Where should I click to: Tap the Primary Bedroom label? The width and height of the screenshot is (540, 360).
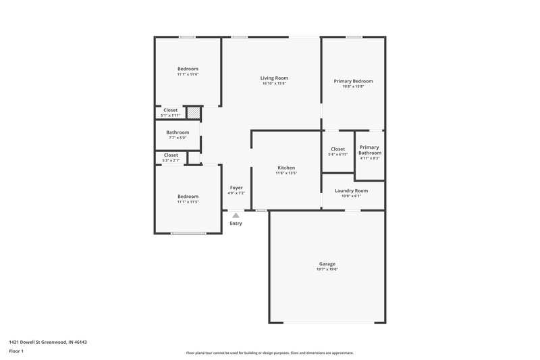(x=353, y=81)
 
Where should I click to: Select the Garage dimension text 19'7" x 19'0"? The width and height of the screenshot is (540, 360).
(x=327, y=269)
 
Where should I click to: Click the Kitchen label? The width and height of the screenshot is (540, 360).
(x=286, y=168)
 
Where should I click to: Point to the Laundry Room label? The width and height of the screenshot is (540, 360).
(x=352, y=190)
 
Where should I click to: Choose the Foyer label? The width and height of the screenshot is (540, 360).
(x=236, y=187)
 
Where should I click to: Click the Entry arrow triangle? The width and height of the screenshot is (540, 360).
(x=236, y=215)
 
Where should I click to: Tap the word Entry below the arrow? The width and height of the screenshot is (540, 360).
(x=236, y=223)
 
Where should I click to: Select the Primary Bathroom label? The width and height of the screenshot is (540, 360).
(x=369, y=150)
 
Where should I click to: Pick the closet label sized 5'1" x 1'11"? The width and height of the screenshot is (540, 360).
(x=171, y=110)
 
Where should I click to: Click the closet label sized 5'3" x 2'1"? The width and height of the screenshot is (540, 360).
(x=171, y=155)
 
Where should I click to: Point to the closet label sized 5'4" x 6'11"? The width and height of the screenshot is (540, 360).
(x=337, y=149)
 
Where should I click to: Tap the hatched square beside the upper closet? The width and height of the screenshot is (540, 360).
(x=194, y=112)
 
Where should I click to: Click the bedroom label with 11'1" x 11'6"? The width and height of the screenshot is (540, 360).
(x=188, y=69)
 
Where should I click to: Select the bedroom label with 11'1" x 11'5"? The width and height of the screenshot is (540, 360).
(x=188, y=197)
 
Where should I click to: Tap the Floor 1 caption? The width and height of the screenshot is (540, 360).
(x=17, y=352)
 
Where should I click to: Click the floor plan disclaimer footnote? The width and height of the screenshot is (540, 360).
(x=270, y=353)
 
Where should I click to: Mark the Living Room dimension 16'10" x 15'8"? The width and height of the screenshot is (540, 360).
(x=274, y=84)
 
